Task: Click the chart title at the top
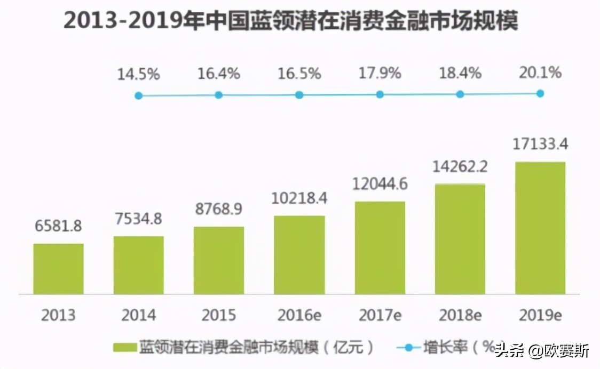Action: (x=291, y=22)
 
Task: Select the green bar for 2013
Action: (x=58, y=269)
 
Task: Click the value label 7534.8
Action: (x=138, y=219)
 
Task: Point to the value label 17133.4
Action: (x=540, y=144)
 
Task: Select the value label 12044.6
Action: (x=380, y=184)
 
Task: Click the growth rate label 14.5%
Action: (x=138, y=74)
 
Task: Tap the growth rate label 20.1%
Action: (x=540, y=72)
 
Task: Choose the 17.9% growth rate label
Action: (x=380, y=73)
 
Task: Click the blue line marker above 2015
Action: (x=218, y=95)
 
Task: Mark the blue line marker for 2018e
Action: (x=460, y=94)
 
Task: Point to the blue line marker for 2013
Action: (x=138, y=96)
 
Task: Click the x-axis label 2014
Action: (x=138, y=315)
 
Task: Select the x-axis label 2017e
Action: (x=380, y=315)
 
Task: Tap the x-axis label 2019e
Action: (x=540, y=315)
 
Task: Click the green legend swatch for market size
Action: (x=124, y=348)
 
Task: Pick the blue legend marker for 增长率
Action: (x=409, y=348)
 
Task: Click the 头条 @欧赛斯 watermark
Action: (x=541, y=351)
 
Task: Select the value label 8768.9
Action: (x=218, y=209)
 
